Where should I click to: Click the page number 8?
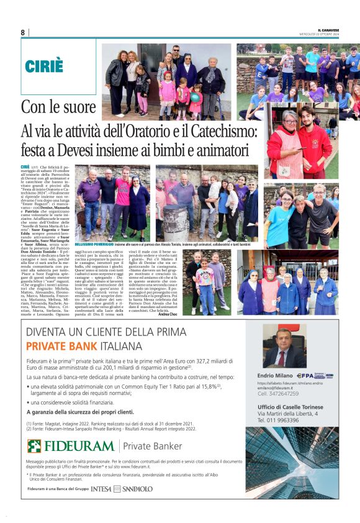23,32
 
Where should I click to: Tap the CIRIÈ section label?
45,66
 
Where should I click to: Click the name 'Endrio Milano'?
275,376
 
